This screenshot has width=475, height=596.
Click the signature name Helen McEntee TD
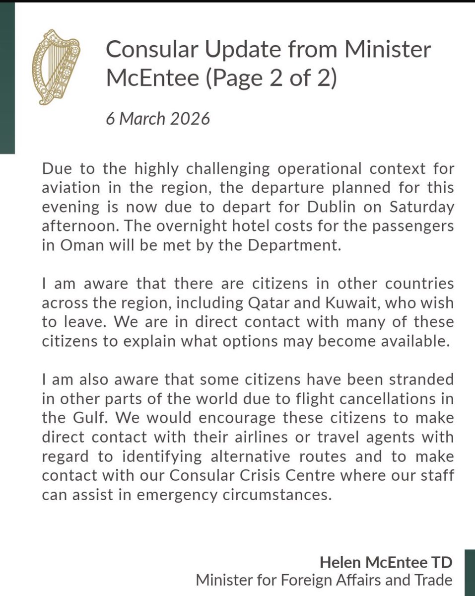pos(386,561)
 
